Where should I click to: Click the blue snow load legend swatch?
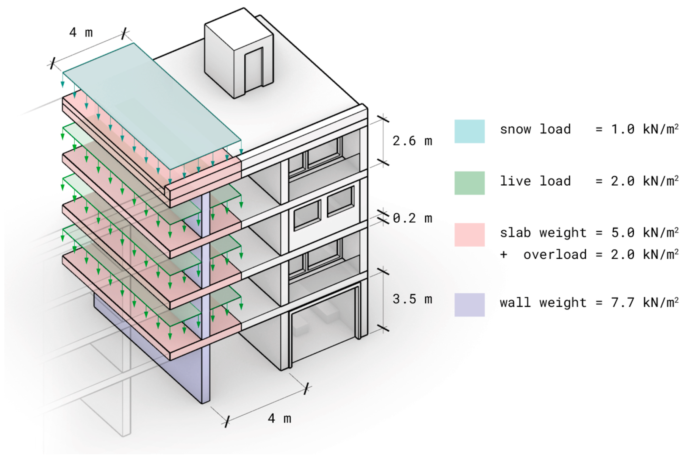point(469,131)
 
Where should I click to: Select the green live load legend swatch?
point(469,183)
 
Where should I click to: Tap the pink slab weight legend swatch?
point(469,235)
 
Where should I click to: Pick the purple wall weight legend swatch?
point(469,305)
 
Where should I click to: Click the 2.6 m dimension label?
point(412,141)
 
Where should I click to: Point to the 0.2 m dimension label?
point(412,218)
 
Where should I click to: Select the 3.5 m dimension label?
point(412,299)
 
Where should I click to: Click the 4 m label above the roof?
point(81,32)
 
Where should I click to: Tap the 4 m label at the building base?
point(279,419)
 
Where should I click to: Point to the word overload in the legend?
point(555,254)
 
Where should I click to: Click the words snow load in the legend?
point(535,129)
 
